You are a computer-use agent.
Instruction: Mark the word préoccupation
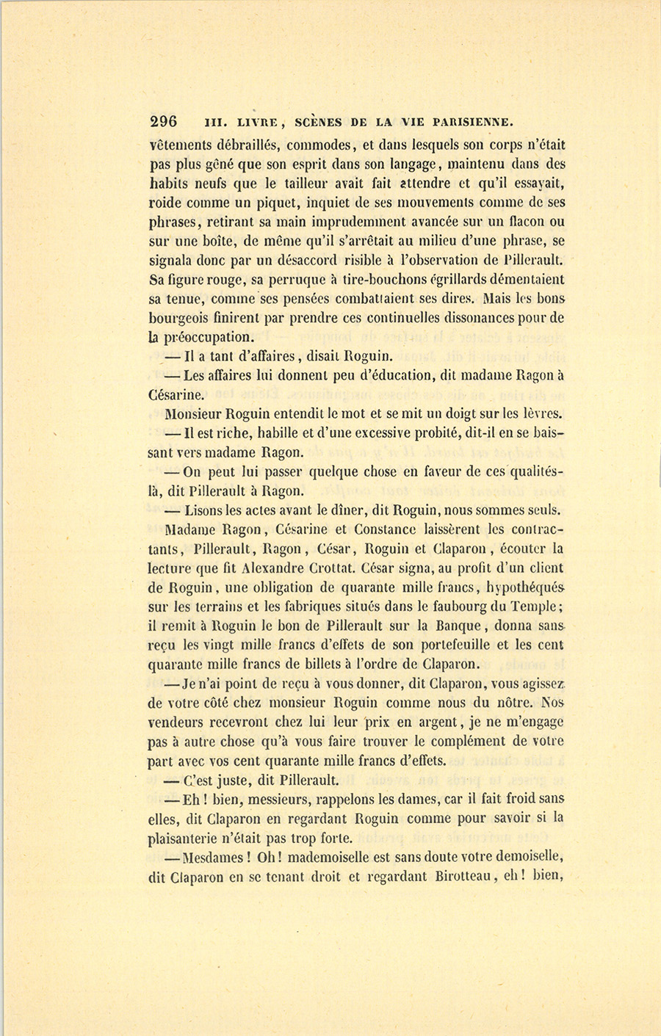pos(208,338)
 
